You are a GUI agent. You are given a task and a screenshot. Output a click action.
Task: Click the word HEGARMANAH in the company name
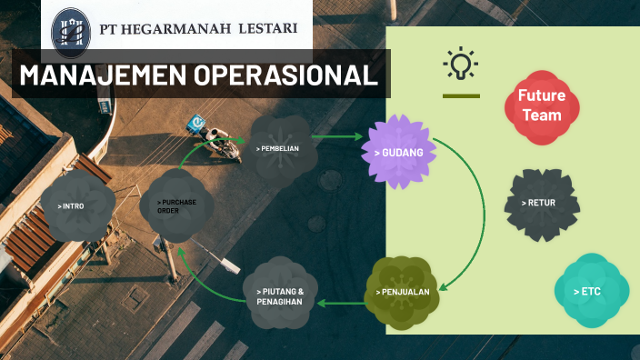click(178, 29)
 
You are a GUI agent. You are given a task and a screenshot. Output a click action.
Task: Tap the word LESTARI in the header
click(267, 29)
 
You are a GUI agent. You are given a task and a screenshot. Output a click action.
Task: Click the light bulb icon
click(461, 64)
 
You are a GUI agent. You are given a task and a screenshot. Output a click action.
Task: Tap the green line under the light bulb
click(461, 95)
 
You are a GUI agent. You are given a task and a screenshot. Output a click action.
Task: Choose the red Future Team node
click(541, 105)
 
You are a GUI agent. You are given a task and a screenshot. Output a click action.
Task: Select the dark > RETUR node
click(542, 203)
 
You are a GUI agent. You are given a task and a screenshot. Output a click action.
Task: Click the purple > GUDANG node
click(398, 152)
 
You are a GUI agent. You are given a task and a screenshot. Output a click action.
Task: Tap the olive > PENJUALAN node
click(403, 292)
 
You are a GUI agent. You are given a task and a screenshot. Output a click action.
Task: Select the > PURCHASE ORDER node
click(176, 205)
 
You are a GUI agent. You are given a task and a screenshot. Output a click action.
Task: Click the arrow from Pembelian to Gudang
click(337, 137)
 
